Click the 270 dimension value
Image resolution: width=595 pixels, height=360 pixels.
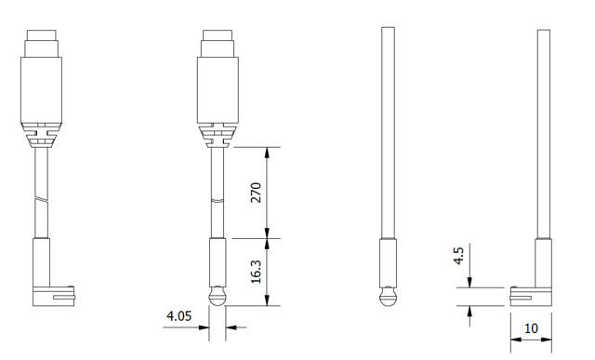[x=258, y=192]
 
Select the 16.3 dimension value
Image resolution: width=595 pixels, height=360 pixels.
[x=258, y=272]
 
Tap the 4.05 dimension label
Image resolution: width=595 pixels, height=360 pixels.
[x=178, y=316]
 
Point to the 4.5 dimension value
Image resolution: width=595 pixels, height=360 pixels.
[x=457, y=255]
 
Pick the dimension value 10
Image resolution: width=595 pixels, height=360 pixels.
[x=531, y=329]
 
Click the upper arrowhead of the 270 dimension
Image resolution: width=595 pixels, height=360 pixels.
[x=268, y=151]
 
